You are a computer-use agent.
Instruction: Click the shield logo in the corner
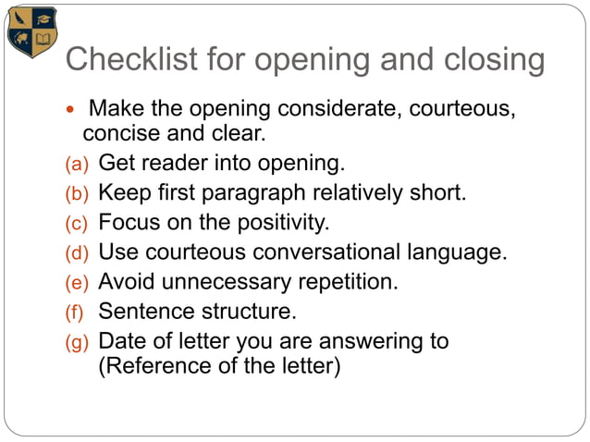31,32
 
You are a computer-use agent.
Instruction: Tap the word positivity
284,224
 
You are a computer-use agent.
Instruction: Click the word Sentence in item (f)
143,312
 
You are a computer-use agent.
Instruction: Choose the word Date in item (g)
122,341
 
